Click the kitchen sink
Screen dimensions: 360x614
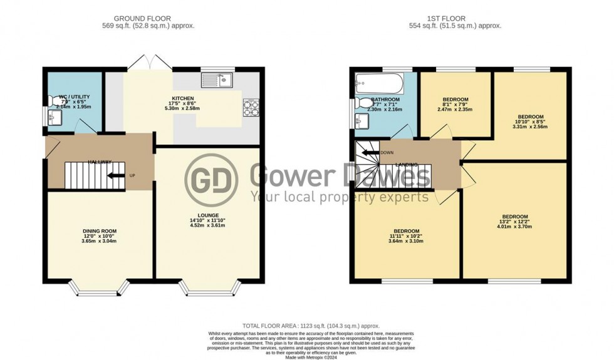(x=217, y=80)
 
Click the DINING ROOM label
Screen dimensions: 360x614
(x=100, y=230)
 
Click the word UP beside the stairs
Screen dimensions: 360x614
(x=132, y=175)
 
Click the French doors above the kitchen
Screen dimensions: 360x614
(x=145, y=61)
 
